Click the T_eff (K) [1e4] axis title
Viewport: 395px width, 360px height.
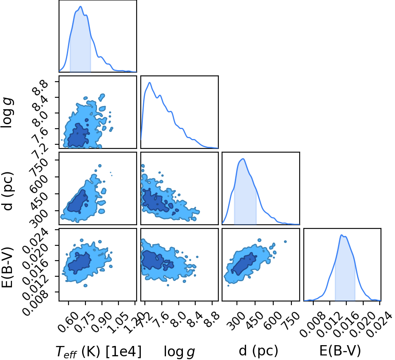point(99,351)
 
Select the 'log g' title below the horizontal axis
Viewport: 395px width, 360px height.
point(180,352)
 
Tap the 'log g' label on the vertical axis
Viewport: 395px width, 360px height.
point(7,113)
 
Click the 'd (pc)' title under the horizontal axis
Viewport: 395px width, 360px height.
point(258,351)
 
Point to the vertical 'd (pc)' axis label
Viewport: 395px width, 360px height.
point(7,191)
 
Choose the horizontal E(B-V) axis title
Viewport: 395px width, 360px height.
point(340,351)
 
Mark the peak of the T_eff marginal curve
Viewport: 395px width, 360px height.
point(80,6)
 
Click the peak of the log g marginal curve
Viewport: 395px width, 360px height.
point(150,82)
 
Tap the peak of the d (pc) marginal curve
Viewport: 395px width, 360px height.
point(243,159)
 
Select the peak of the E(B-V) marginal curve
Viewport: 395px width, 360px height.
point(342,235)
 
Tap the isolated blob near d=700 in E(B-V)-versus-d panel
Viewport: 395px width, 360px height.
point(286,242)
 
